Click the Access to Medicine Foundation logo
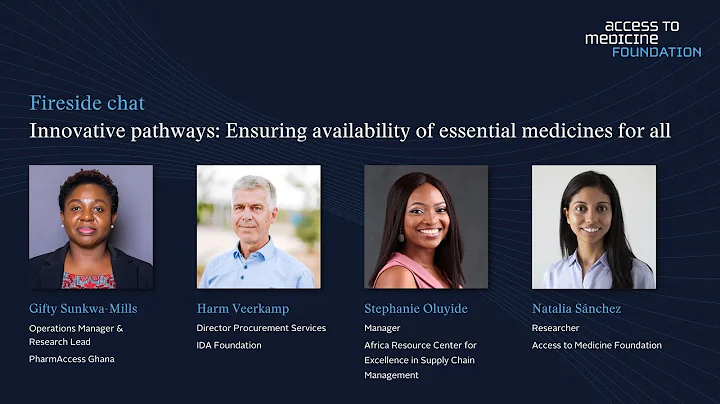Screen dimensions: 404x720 (642, 38)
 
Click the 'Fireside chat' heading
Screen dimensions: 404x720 (87, 103)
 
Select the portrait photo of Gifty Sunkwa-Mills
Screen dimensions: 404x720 (91, 227)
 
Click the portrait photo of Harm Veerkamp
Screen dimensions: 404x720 (258, 227)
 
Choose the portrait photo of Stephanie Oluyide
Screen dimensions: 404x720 (426, 227)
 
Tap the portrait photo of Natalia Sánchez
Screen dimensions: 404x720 (593, 227)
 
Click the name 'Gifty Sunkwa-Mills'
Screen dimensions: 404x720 (88, 309)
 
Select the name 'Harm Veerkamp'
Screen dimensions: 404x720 (244, 309)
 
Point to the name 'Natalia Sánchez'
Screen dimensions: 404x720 (576, 309)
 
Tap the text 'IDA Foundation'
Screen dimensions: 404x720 (229, 346)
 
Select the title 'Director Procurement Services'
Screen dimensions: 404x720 (261, 328)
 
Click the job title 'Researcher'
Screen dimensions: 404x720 (555, 328)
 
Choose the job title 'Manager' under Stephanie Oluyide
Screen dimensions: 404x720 (382, 328)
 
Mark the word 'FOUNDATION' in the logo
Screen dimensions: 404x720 (656, 52)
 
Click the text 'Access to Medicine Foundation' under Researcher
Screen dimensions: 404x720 (596, 346)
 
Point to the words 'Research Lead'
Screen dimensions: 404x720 (60, 342)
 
